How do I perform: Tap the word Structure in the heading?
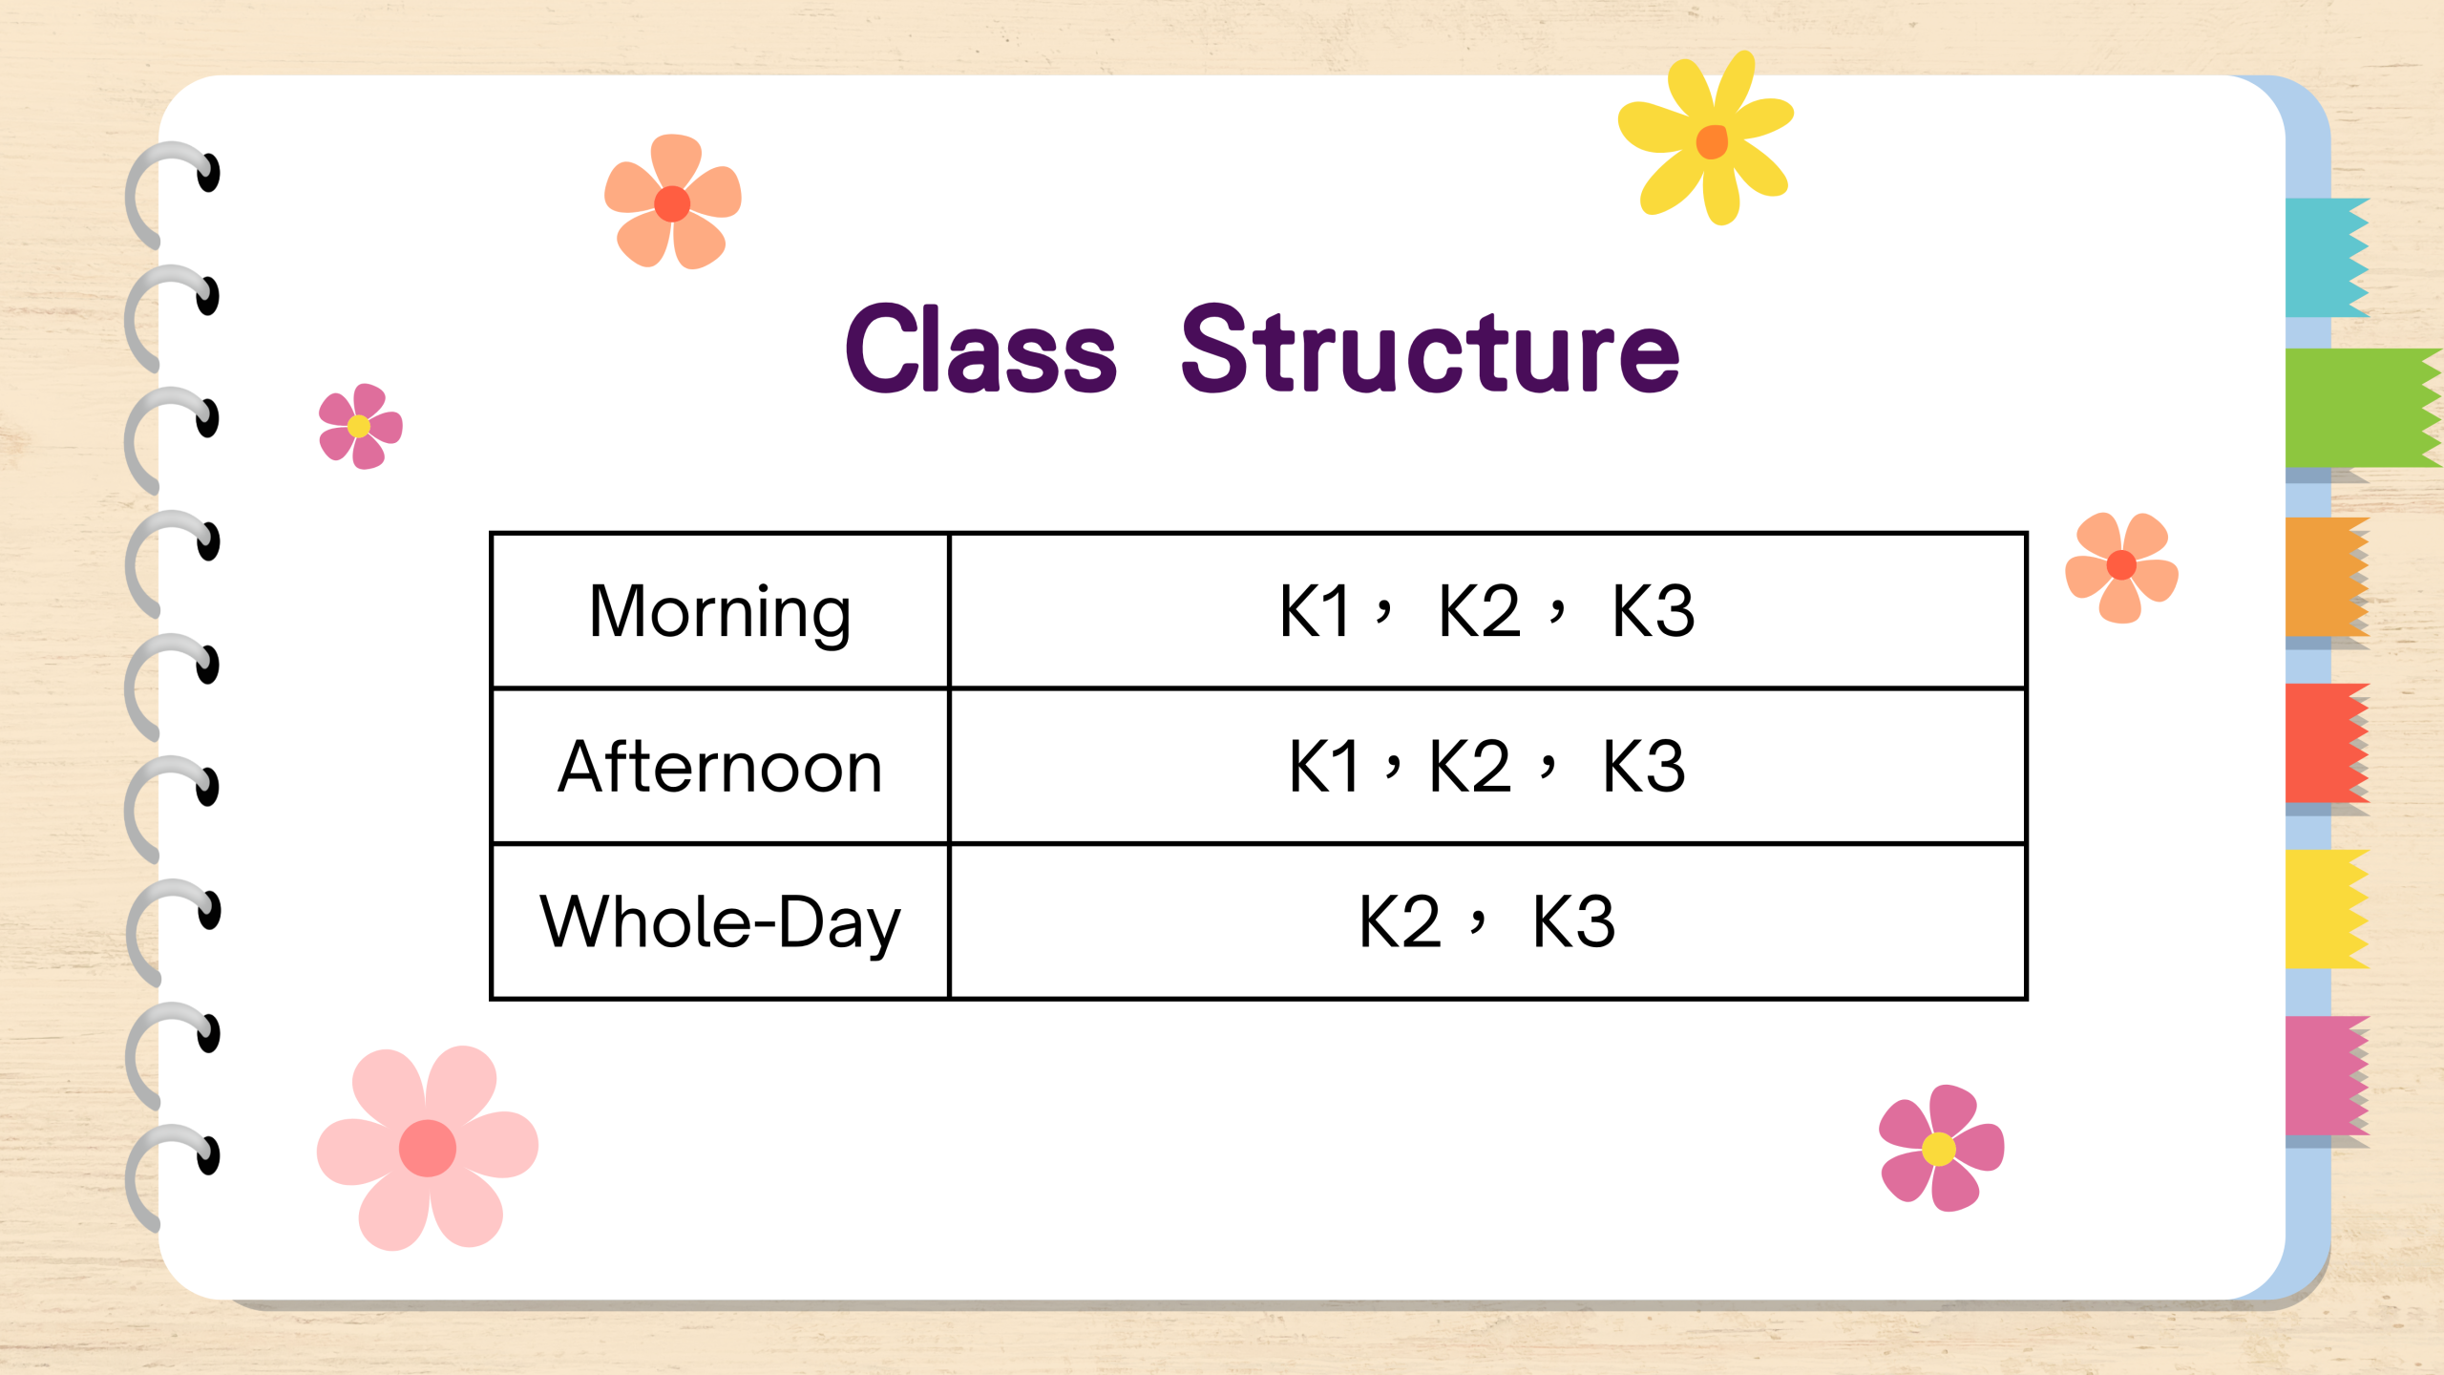[1430, 350]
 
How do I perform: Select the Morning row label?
[720, 614]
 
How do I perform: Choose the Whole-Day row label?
[721, 923]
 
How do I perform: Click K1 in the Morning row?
[1315, 611]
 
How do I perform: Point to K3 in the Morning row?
[1654, 611]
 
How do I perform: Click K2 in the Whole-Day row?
[1400, 922]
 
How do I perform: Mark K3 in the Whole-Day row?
[1574, 922]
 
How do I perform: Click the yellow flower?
[1707, 137]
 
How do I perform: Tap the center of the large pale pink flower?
[428, 1148]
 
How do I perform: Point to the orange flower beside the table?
[2121, 567]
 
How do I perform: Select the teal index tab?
[2328, 257]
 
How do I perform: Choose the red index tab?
[2328, 743]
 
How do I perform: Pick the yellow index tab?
[2328, 909]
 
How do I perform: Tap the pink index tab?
[2328, 1075]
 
